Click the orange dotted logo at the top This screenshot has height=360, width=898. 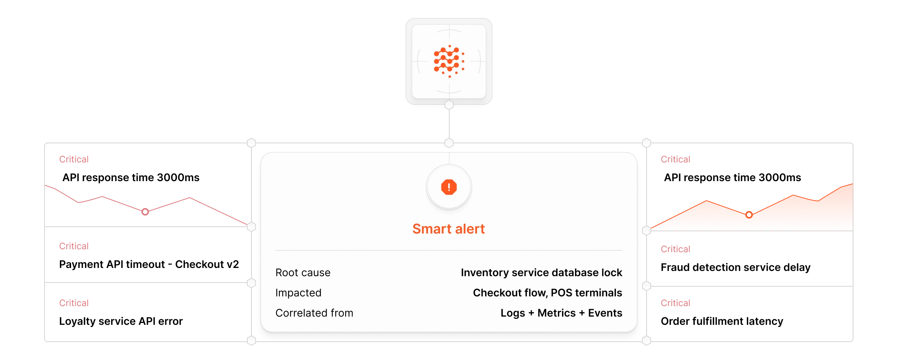coord(449,61)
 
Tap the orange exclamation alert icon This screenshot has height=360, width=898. coord(449,187)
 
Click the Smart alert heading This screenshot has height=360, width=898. coord(449,229)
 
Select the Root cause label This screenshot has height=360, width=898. coord(303,272)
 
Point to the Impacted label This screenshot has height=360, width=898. coord(298,293)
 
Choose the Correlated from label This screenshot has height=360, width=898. coord(314,313)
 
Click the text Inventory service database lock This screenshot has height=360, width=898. coord(541,272)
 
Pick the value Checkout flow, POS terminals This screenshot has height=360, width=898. coord(547,293)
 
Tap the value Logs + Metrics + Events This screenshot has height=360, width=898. coord(561,313)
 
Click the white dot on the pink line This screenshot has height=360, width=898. coord(145,212)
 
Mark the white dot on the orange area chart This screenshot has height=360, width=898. coord(749,215)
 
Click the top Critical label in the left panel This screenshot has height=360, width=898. coord(74,159)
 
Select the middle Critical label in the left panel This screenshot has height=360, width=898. coord(74,246)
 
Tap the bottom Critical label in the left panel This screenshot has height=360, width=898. coord(74,303)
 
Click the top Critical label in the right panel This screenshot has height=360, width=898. coord(675,159)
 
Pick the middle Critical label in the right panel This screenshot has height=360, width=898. coord(675,249)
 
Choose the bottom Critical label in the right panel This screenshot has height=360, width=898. coord(675,303)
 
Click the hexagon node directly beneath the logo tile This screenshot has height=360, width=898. coord(449,105)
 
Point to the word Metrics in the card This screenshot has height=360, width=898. coord(556,313)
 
